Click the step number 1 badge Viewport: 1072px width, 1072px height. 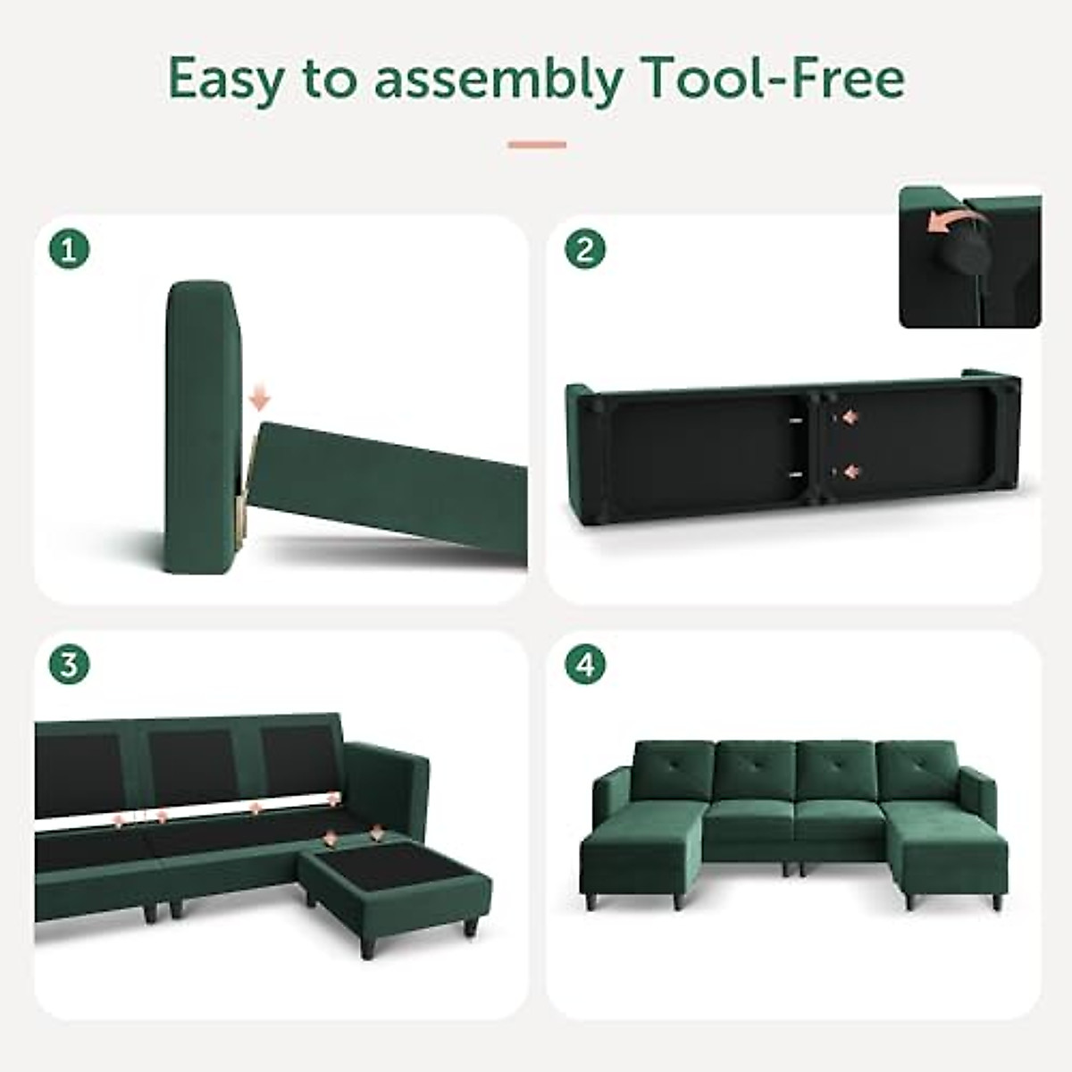(69, 249)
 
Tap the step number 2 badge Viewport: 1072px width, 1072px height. (585, 249)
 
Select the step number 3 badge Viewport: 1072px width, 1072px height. (69, 666)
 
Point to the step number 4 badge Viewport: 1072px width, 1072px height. (585, 666)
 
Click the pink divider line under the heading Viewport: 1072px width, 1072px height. (537, 144)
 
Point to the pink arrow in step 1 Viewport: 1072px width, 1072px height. (259, 398)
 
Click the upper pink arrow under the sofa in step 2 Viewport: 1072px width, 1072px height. (849, 416)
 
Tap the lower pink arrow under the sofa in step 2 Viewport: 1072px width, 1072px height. (849, 472)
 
